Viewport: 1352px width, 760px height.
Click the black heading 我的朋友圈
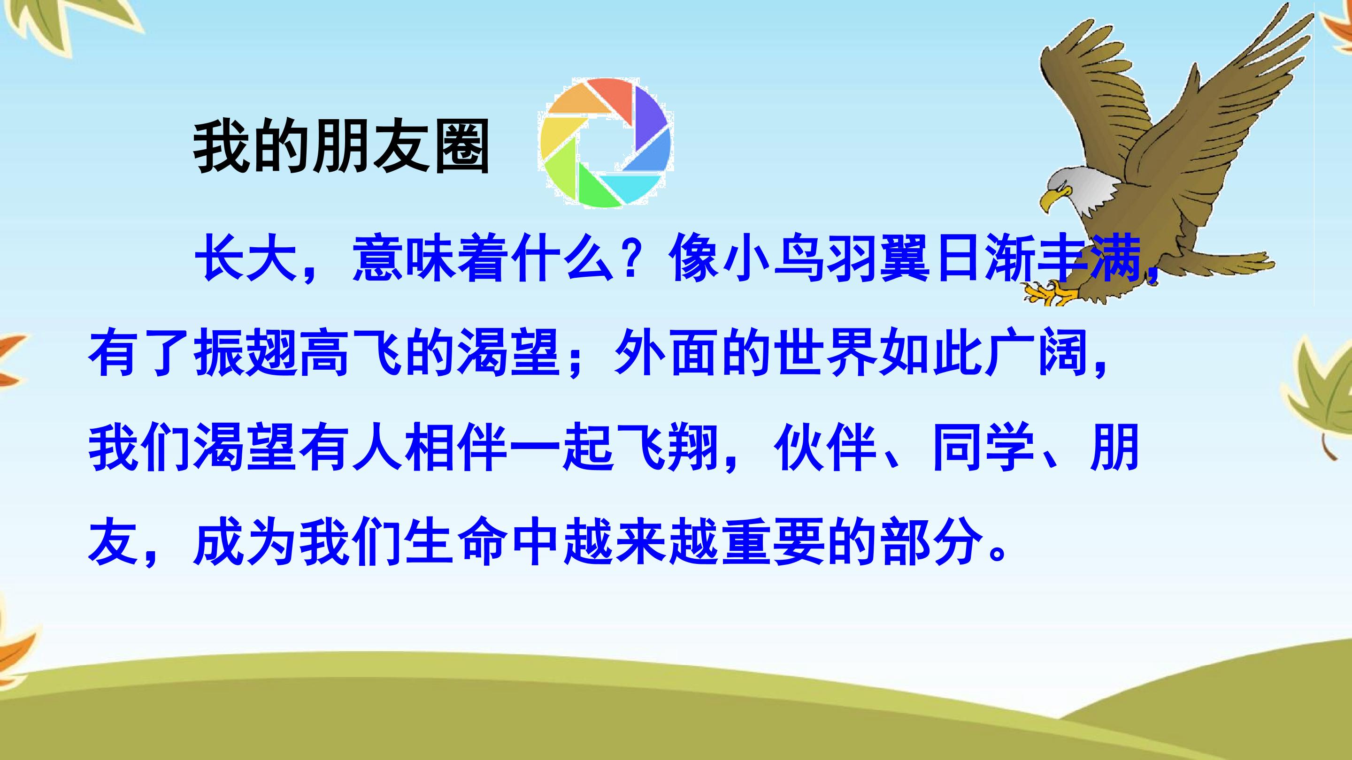click(342, 147)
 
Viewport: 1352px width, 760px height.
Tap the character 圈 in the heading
click(462, 147)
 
